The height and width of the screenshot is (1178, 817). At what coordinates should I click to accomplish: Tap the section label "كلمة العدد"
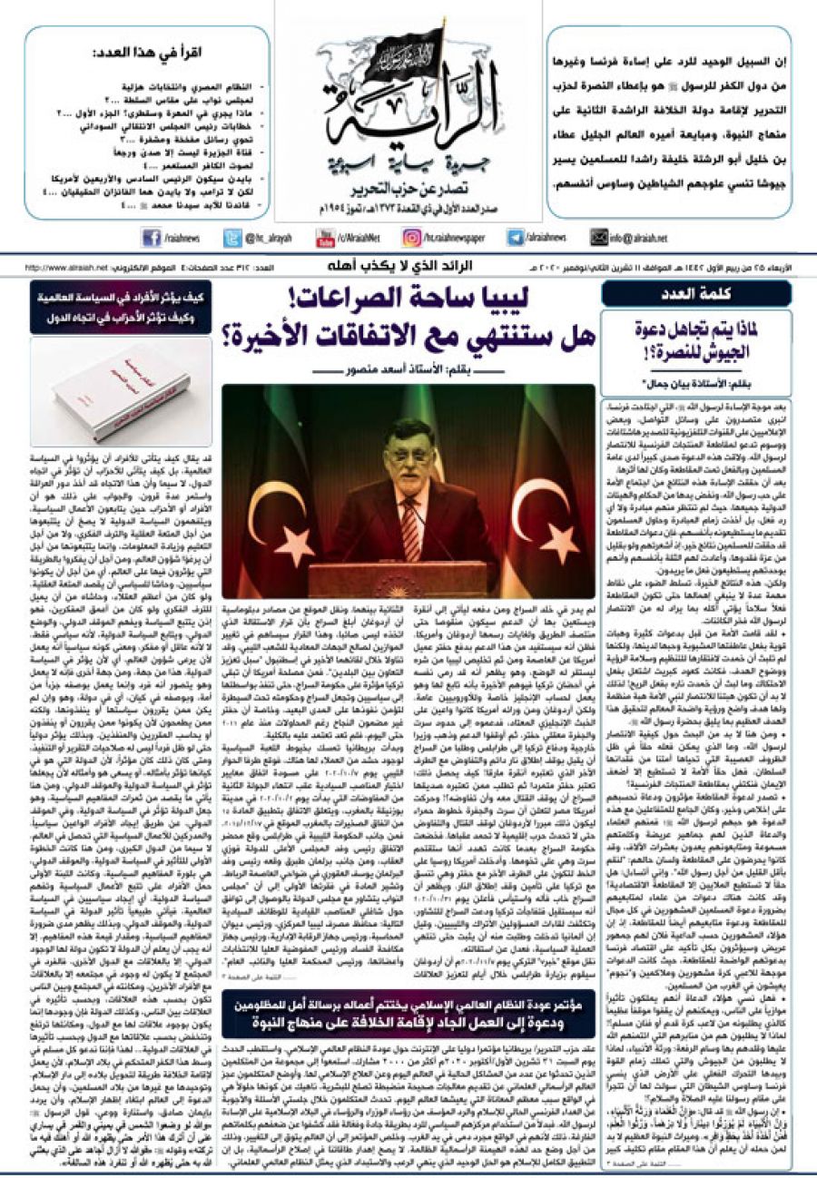tap(694, 293)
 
